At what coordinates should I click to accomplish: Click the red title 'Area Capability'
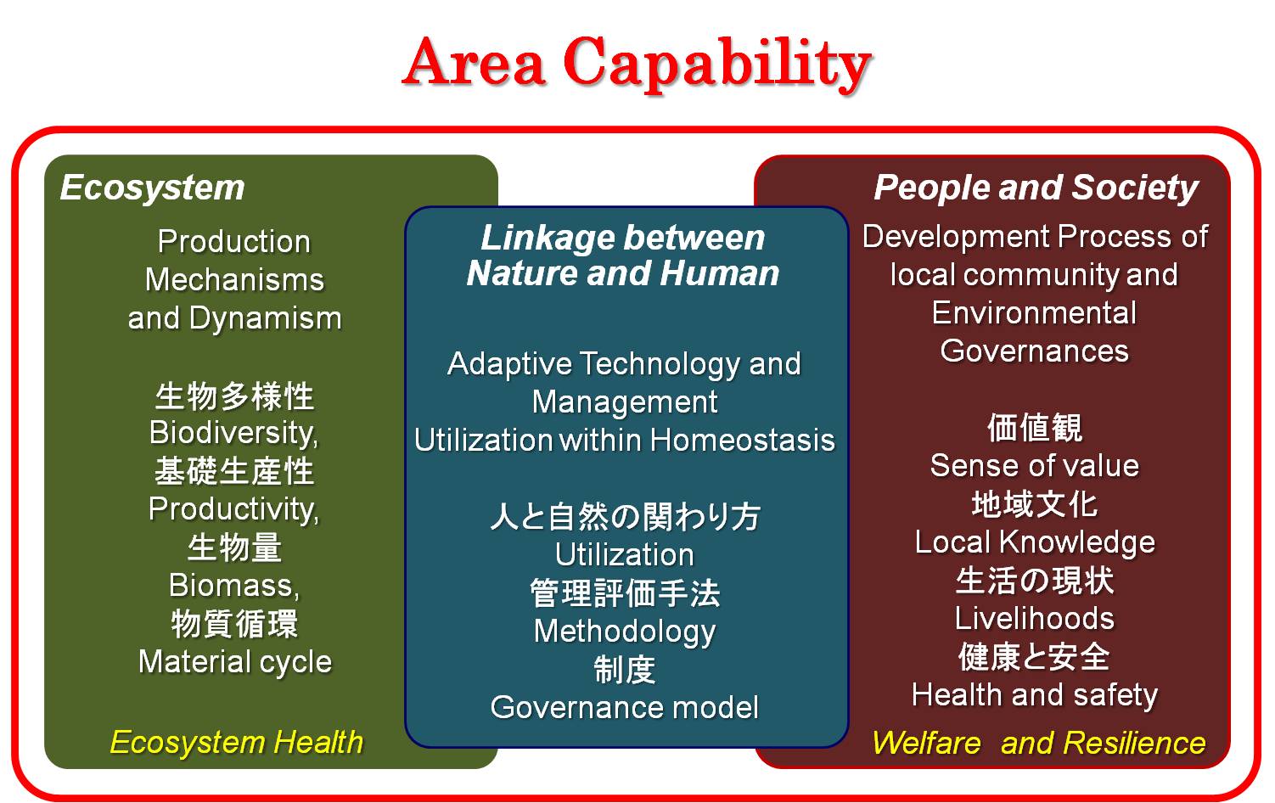637,64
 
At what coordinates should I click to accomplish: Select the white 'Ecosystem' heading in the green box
153,188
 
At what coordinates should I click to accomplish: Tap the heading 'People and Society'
1036,188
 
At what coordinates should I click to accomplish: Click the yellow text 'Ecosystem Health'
236,743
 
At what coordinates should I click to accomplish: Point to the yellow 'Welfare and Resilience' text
1039,743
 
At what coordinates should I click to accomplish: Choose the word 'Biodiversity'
233,433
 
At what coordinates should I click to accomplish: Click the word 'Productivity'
233,509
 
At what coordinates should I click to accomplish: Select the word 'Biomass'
233,586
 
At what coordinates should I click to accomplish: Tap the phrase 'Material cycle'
235,662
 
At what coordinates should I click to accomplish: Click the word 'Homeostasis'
743,440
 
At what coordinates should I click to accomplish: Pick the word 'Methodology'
625,632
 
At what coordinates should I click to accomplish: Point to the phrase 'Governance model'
625,707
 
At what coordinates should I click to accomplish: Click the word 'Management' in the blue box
625,403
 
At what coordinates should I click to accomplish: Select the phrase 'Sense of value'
1035,465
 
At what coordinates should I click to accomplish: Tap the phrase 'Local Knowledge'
1035,542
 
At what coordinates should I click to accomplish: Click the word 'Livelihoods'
1035,618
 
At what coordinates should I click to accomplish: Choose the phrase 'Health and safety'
1035,695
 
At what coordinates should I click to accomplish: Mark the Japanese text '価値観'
1035,428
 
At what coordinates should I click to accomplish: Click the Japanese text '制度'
625,669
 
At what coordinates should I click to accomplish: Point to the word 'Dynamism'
265,318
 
